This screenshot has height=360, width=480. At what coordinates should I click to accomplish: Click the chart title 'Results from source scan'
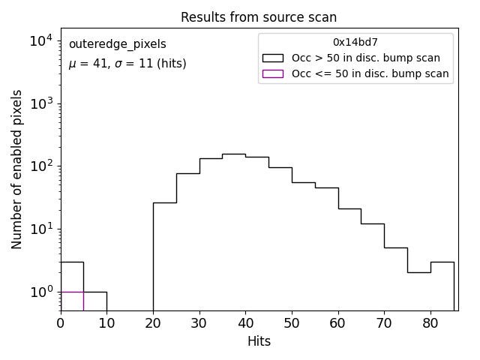259,17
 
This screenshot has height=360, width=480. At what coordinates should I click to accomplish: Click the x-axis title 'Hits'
259,341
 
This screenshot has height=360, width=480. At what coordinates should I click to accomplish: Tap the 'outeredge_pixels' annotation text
117,44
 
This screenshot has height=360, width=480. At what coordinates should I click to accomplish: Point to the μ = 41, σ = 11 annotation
127,64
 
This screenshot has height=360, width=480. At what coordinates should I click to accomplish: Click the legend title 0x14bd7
355,42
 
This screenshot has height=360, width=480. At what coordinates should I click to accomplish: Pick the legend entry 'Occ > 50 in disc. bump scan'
365,58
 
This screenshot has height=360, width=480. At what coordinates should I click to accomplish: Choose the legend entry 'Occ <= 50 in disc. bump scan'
370,73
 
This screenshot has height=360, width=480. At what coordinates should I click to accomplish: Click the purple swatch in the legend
273,73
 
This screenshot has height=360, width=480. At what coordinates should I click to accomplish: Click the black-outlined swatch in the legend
273,58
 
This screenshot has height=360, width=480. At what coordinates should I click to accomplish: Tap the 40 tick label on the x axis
245,324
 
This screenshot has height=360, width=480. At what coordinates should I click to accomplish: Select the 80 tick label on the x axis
430,324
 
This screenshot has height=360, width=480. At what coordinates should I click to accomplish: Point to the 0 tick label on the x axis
61,324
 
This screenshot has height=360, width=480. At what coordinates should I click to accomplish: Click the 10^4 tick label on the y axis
40,40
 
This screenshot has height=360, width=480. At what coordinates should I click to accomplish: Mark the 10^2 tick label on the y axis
40,166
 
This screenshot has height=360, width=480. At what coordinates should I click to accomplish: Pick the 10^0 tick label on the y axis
40,291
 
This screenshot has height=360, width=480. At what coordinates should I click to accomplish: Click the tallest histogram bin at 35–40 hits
234,225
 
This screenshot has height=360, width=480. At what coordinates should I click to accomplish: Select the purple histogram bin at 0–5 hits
72,300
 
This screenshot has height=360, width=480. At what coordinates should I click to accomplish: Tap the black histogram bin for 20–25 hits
164,255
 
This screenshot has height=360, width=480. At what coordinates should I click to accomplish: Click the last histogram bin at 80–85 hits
442,285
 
